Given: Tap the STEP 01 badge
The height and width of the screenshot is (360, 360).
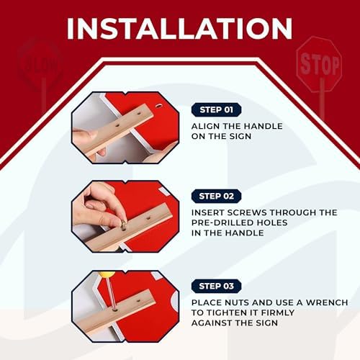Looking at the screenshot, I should click(216, 110).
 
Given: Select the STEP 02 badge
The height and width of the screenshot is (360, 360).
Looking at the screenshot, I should click(216, 196).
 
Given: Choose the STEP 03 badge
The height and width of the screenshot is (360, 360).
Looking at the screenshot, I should click(216, 286).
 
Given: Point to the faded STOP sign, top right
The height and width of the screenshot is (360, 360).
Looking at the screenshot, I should click(319, 66).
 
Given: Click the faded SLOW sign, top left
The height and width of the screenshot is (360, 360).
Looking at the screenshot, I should click(40, 64).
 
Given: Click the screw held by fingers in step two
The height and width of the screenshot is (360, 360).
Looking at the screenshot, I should click(121, 224).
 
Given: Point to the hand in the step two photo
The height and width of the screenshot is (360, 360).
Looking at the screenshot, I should click(97, 205).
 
